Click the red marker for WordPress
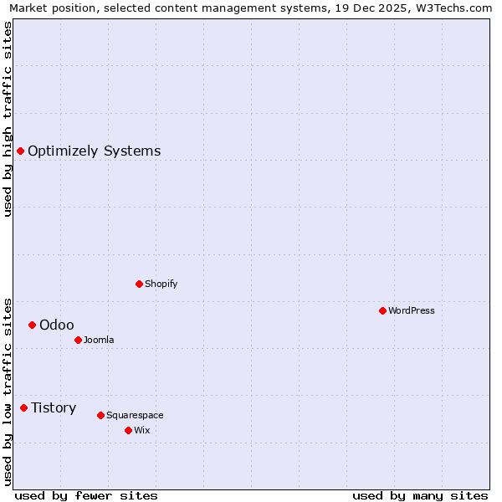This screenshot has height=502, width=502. pyautogui.click(x=382, y=310)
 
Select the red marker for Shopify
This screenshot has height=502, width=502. pyautogui.click(x=139, y=284)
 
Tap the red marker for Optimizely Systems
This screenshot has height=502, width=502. pyautogui.click(x=21, y=151)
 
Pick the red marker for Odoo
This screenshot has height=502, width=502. pyautogui.click(x=32, y=325)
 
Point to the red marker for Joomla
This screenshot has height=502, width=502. pyautogui.click(x=78, y=340)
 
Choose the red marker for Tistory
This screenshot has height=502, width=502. pyautogui.click(x=24, y=407)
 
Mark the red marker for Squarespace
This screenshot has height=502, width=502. pyautogui.click(x=100, y=415)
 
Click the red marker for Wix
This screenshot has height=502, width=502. pyautogui.click(x=128, y=430)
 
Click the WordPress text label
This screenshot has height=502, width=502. pyautogui.click(x=412, y=310)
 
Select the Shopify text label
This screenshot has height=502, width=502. pyautogui.click(x=161, y=284)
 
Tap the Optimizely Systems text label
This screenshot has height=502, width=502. pyautogui.click(x=95, y=151)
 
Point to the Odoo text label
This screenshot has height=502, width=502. pyautogui.click(x=57, y=325)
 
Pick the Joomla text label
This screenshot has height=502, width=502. pyautogui.click(x=99, y=340)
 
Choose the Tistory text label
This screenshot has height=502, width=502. pyautogui.click(x=54, y=407)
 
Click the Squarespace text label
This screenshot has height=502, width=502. pyautogui.click(x=135, y=415)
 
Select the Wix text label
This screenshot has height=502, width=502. pyautogui.click(x=141, y=430)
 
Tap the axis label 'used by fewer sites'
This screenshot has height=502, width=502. pyautogui.click(x=86, y=495)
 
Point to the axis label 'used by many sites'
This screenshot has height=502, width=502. pyautogui.click(x=420, y=495)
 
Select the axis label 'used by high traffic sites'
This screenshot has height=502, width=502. pyautogui.click(x=8, y=119)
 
